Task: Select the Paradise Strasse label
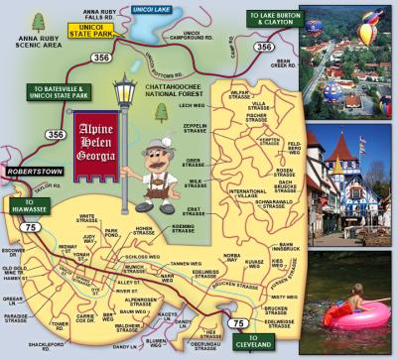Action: pyautogui.click(x=15, y=319)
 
